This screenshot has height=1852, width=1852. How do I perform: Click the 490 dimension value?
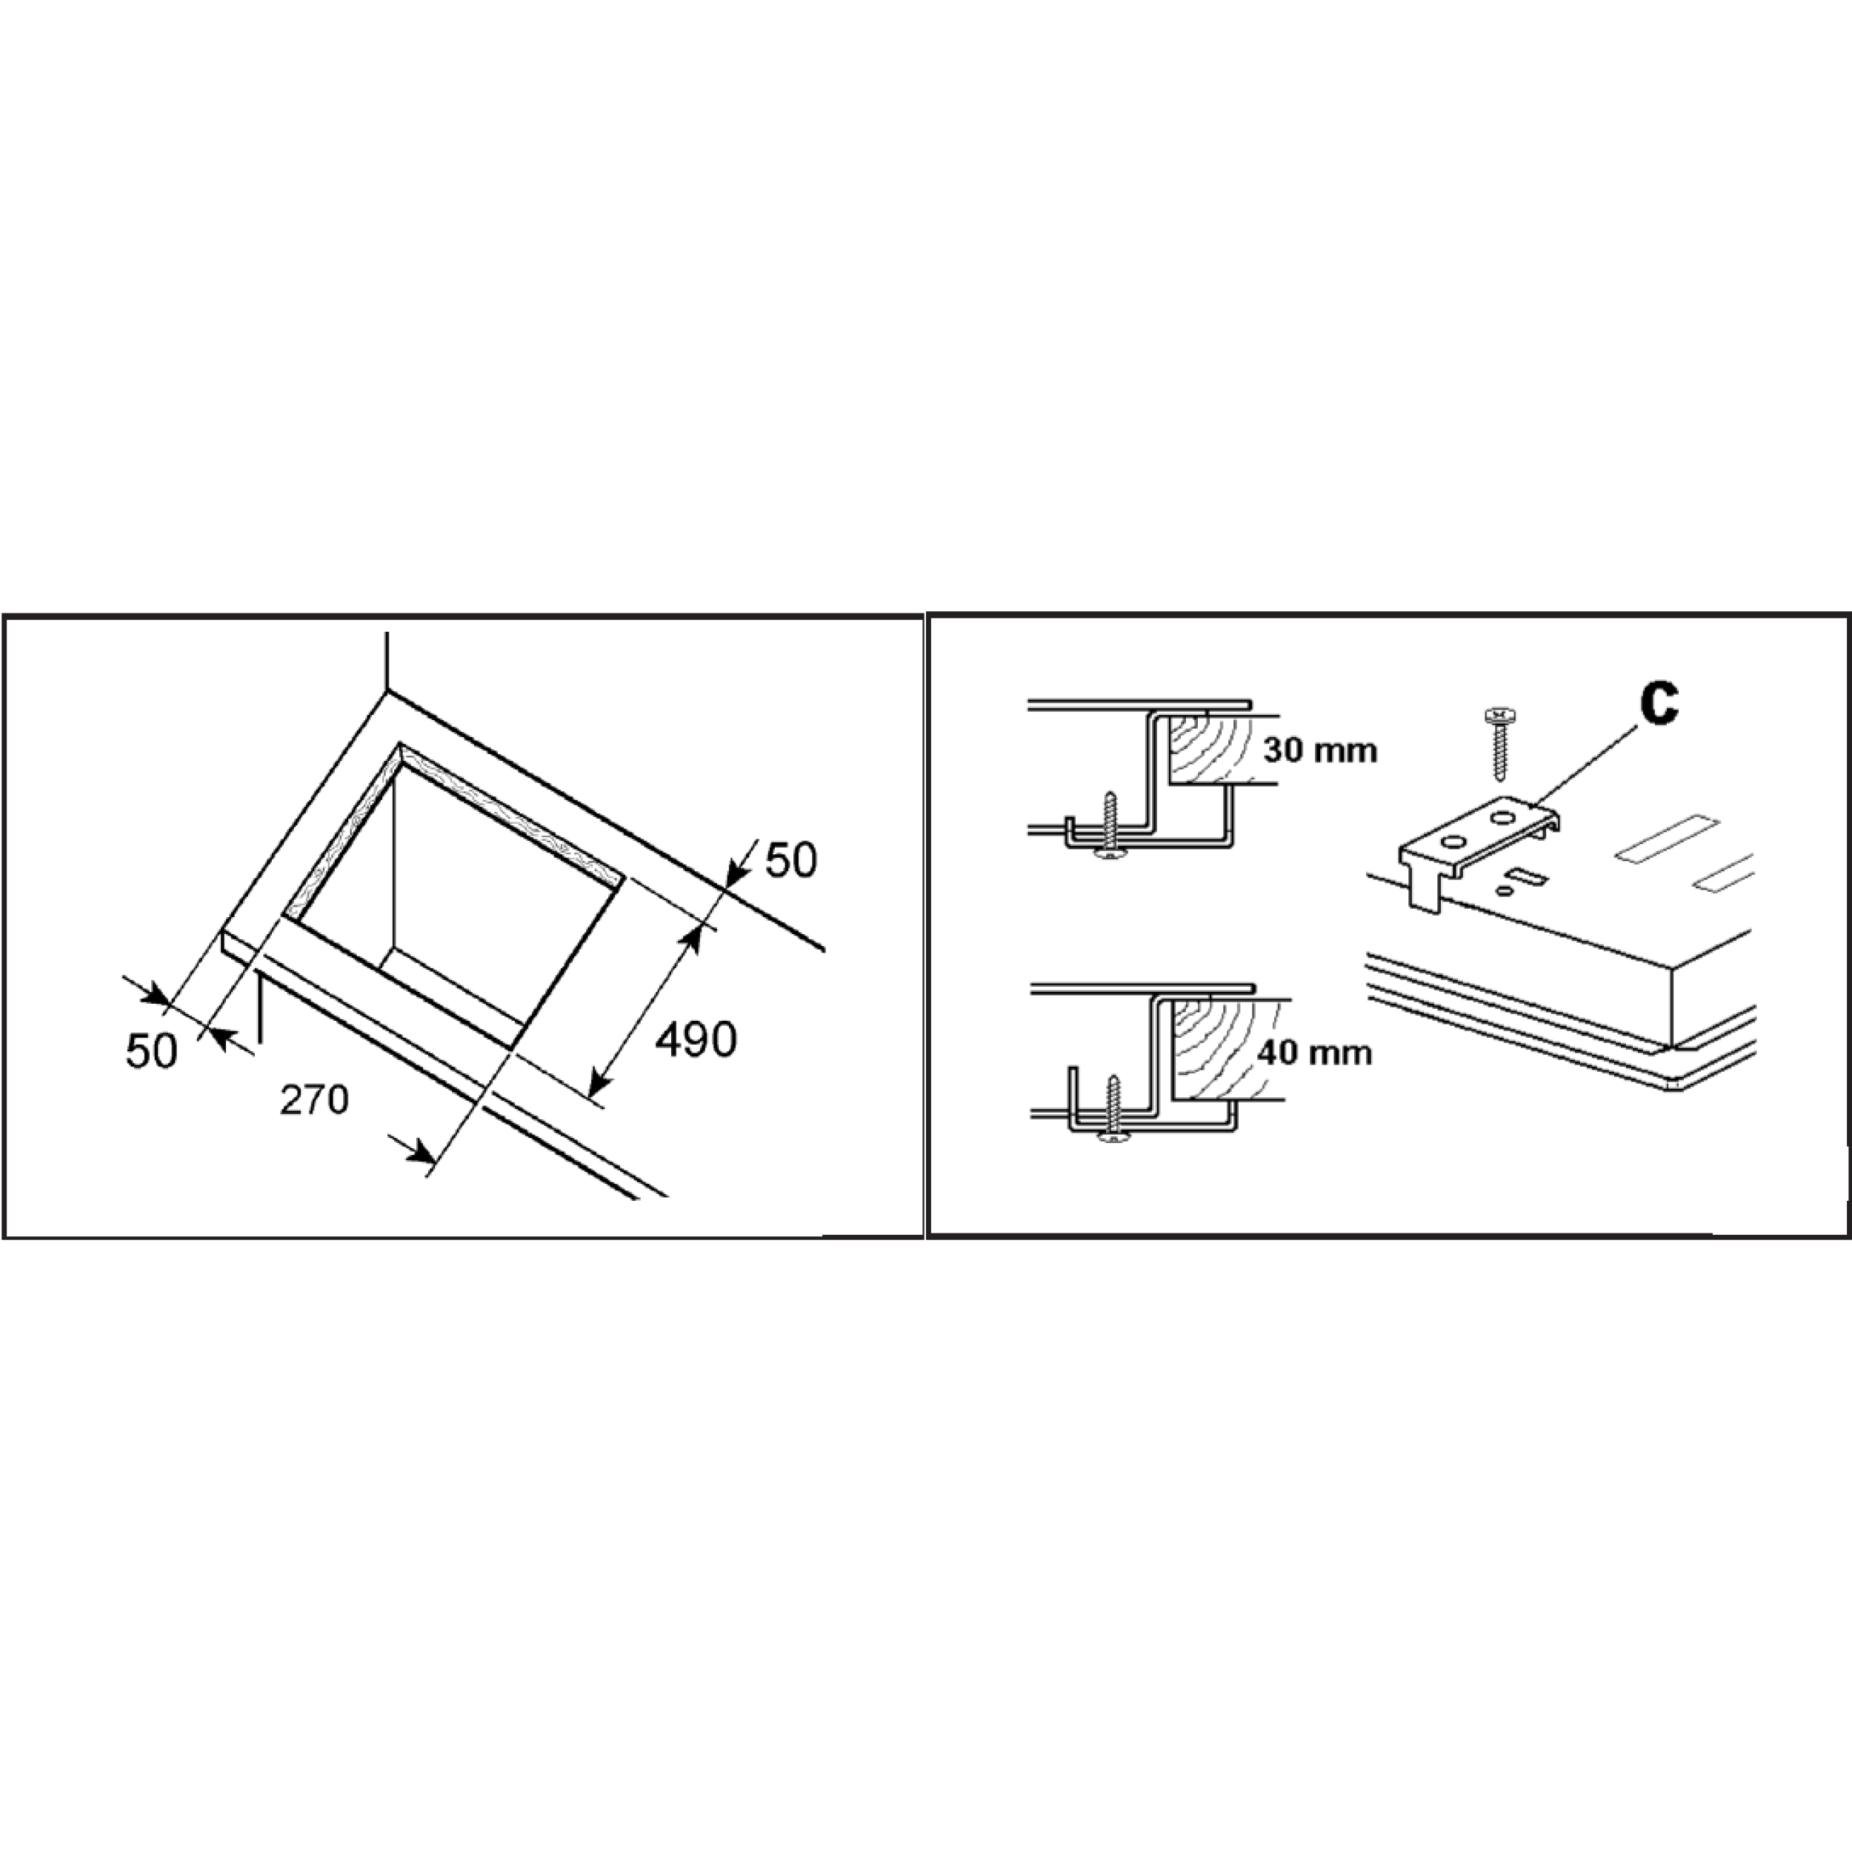(696, 1040)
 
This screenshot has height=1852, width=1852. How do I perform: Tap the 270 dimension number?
(314, 1101)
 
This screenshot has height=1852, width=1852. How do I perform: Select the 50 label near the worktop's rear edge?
(791, 861)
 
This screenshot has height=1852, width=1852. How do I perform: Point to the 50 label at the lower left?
(151, 1052)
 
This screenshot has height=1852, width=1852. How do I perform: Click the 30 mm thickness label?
(1320, 750)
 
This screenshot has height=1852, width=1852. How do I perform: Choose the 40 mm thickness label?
(1314, 1053)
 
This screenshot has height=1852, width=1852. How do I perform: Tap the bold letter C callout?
(1659, 705)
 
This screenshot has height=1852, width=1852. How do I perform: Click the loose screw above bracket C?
(1496, 745)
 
